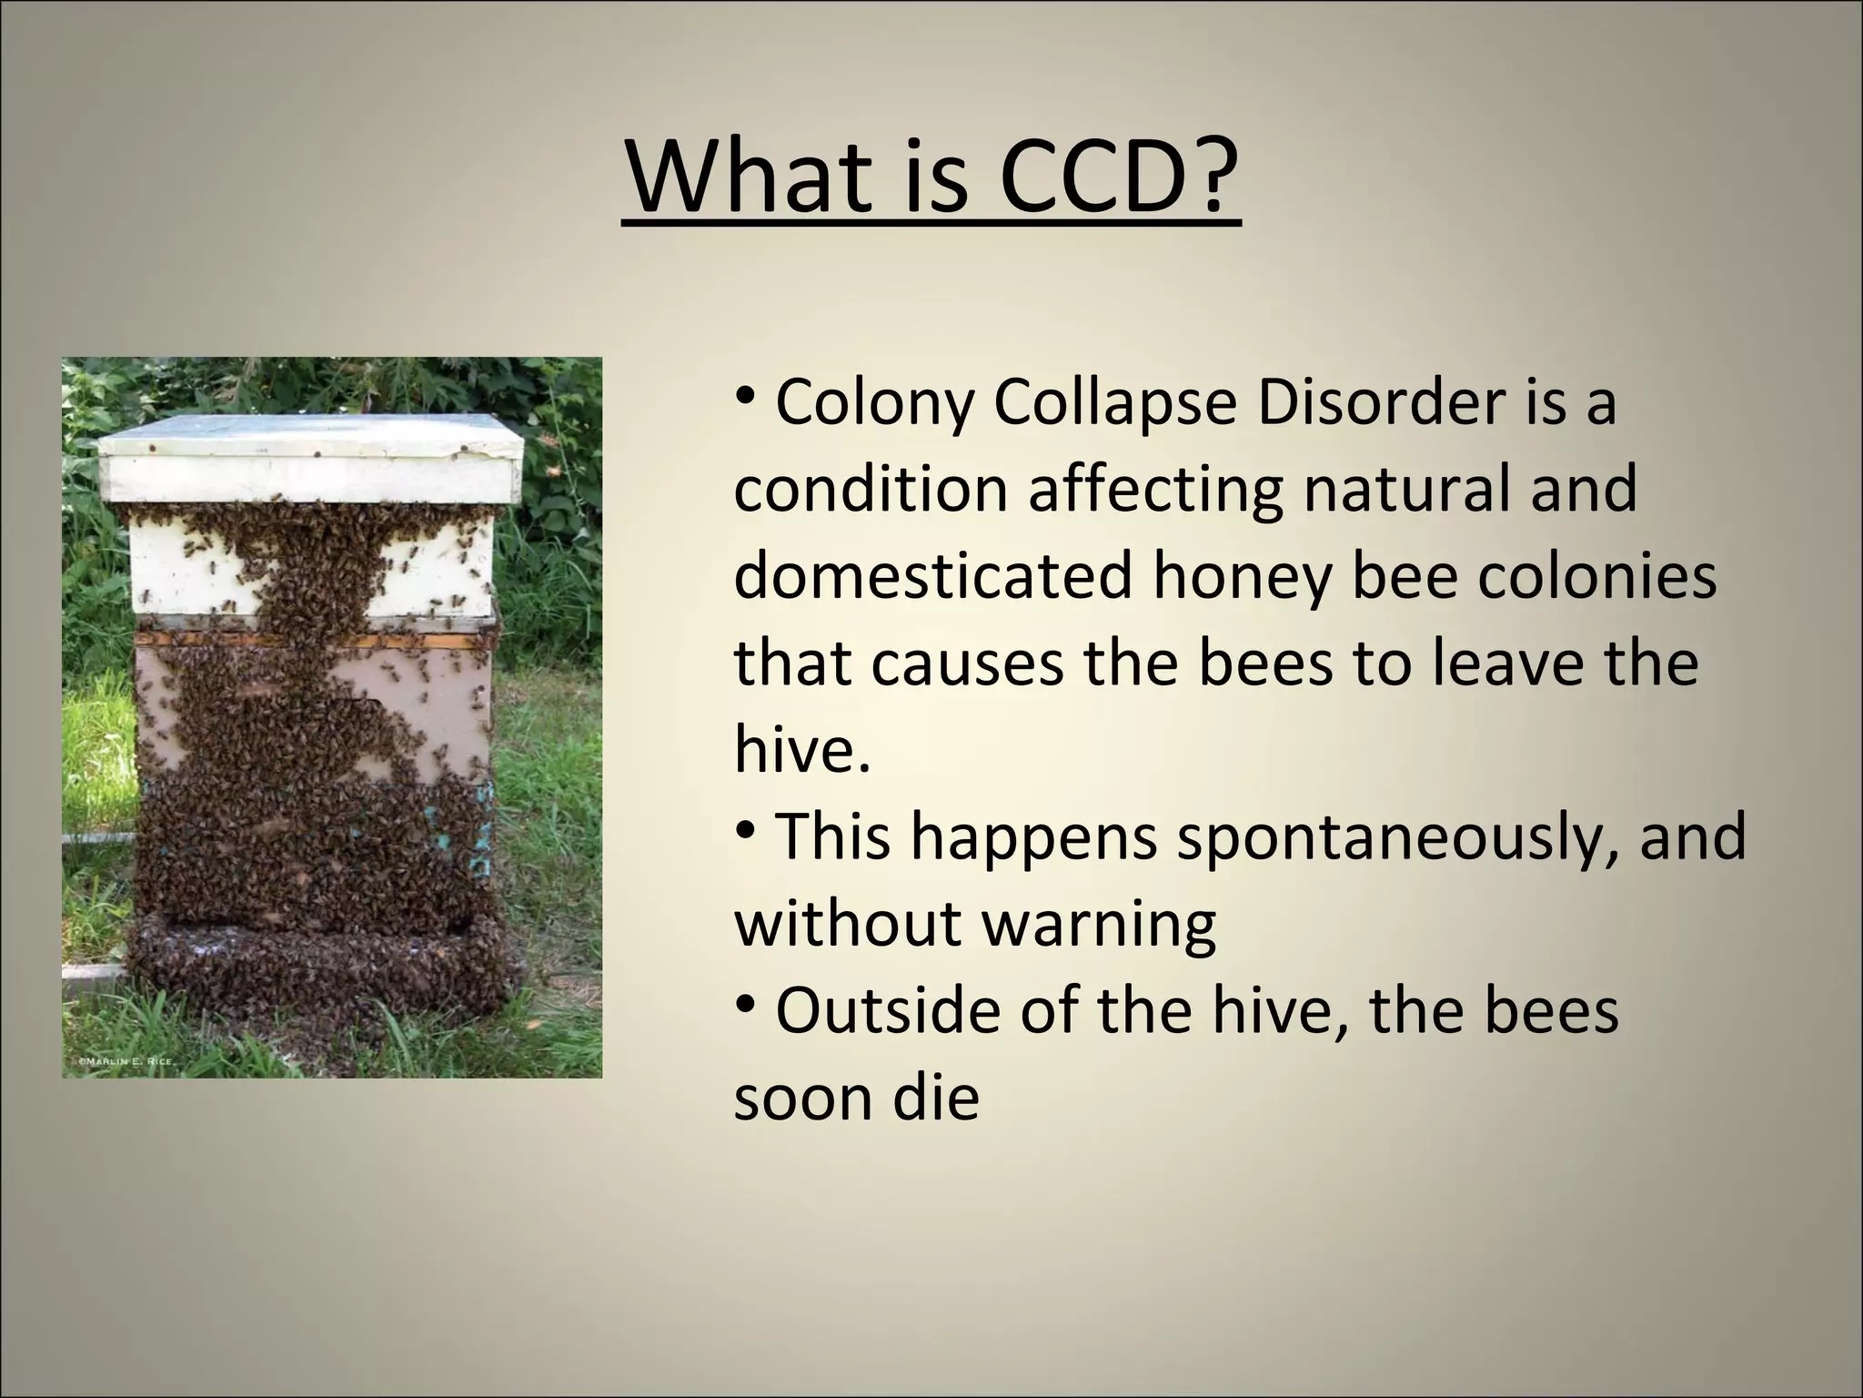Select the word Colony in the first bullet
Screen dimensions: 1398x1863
point(873,402)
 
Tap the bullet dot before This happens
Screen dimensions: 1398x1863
point(746,831)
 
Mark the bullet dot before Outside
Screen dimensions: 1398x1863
point(746,1005)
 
